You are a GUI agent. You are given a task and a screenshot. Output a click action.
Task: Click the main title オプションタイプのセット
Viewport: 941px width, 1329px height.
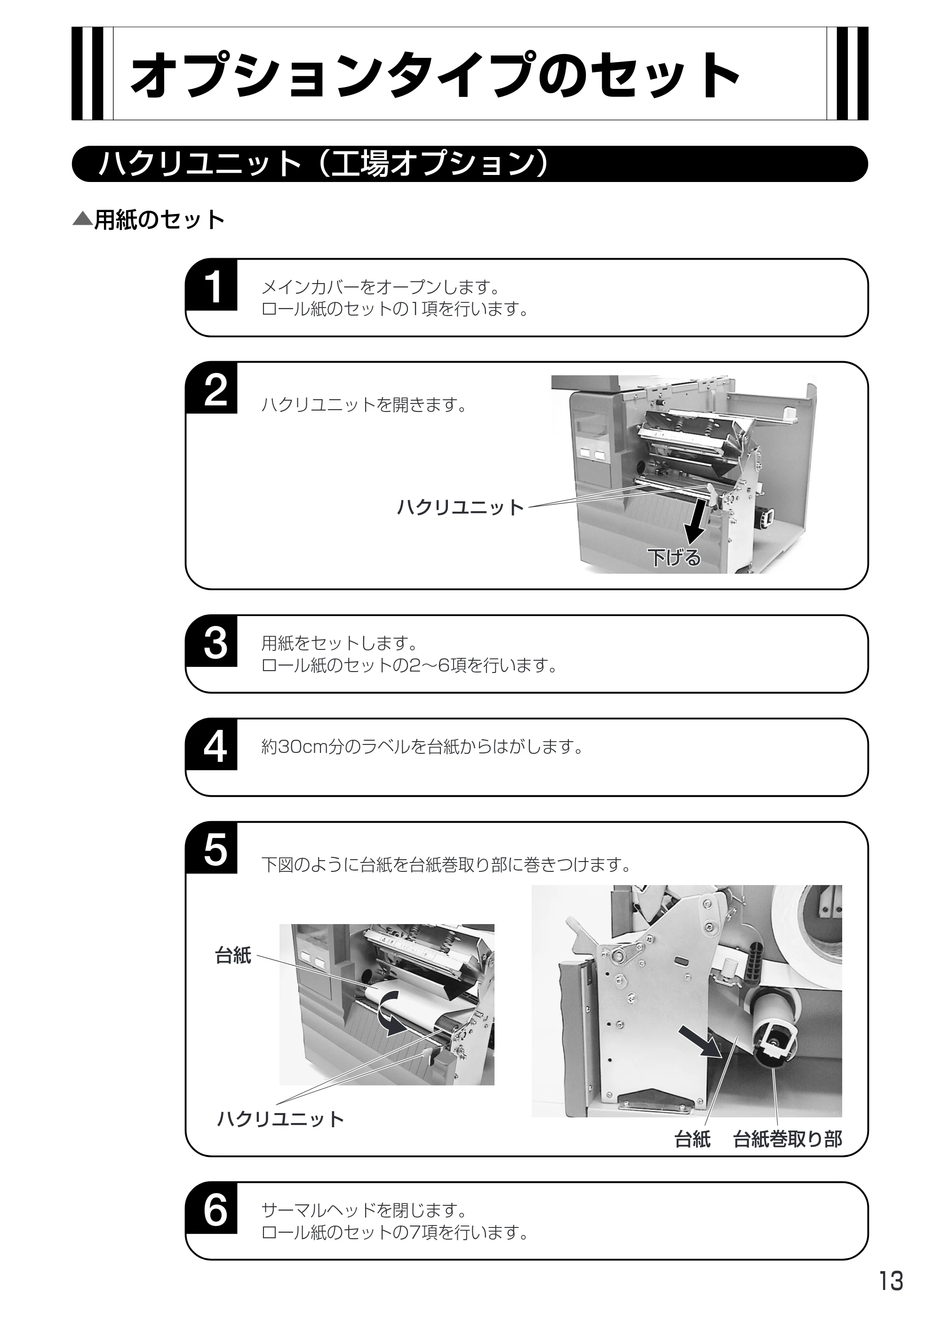(x=436, y=75)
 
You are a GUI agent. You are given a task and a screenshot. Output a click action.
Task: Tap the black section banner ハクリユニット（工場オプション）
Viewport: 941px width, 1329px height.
(x=470, y=164)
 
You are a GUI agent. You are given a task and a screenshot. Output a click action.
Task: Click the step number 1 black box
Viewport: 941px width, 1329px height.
(x=212, y=285)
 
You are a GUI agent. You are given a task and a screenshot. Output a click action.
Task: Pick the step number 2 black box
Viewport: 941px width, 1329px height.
(x=212, y=388)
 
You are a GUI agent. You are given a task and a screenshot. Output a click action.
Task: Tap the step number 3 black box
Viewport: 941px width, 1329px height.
(x=212, y=641)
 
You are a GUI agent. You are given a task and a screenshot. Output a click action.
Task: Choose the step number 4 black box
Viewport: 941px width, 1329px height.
(x=212, y=745)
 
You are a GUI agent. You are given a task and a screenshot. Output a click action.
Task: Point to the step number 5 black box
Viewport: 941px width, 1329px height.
(x=212, y=848)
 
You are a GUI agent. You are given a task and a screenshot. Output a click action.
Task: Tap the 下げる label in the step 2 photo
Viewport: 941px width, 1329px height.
(x=674, y=557)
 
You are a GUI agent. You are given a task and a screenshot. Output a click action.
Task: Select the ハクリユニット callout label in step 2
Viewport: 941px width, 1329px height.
(x=460, y=507)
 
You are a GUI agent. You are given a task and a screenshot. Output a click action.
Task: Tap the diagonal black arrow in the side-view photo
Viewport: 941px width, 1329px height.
(x=699, y=1041)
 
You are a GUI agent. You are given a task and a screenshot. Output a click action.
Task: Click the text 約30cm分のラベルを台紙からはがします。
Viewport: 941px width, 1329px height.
(x=423, y=747)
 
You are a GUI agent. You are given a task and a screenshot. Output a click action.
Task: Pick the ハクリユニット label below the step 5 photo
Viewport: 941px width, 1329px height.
(x=280, y=1119)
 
